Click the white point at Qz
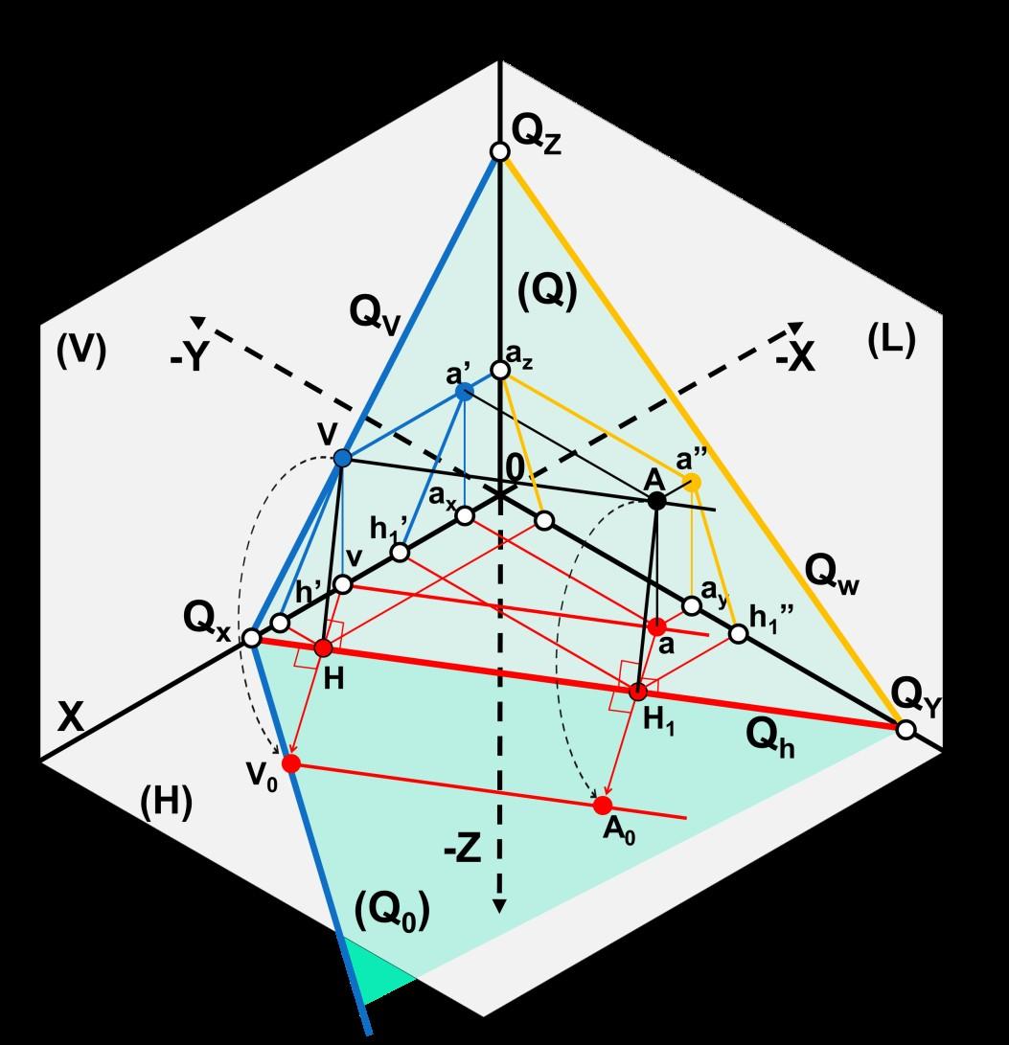click(498, 151)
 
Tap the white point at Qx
click(251, 638)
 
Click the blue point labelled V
click(342, 459)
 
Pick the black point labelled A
click(656, 500)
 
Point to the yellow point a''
click(693, 482)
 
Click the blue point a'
click(464, 391)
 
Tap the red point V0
click(291, 763)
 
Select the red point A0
click(603, 806)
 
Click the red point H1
click(638, 692)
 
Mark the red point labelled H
click(323, 647)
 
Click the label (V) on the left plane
click(80, 352)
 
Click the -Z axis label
click(462, 852)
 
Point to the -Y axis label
click(190, 357)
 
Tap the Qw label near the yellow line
click(830, 572)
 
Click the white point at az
click(498, 370)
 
